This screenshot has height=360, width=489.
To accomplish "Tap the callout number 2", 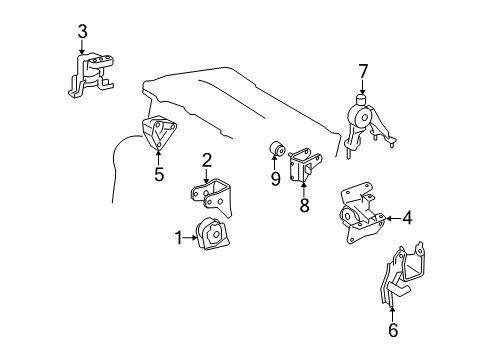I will tap(207, 158).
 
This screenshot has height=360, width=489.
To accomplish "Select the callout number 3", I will tap(83, 30).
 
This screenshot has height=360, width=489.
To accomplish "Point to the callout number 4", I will tap(408, 217).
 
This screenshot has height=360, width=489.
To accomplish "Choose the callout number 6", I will tap(392, 329).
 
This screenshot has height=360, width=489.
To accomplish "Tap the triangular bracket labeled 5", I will tap(155, 135).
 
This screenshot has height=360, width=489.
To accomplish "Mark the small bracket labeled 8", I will tap(303, 165).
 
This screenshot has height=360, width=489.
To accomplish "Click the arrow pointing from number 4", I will tap(392, 217).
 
